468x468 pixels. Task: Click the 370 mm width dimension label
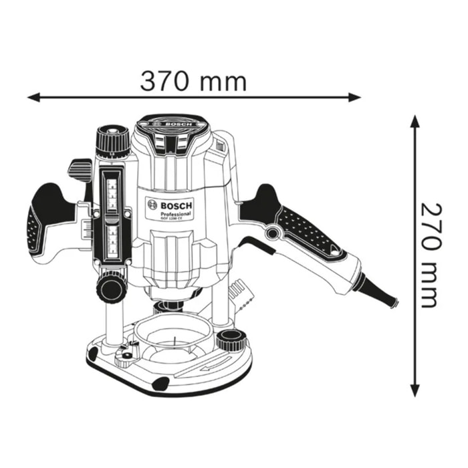(193, 81)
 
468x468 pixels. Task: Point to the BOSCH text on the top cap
(172, 124)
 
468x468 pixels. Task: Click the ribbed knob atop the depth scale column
(112, 141)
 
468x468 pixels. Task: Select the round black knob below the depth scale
(112, 288)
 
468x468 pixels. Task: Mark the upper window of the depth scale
(113, 191)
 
